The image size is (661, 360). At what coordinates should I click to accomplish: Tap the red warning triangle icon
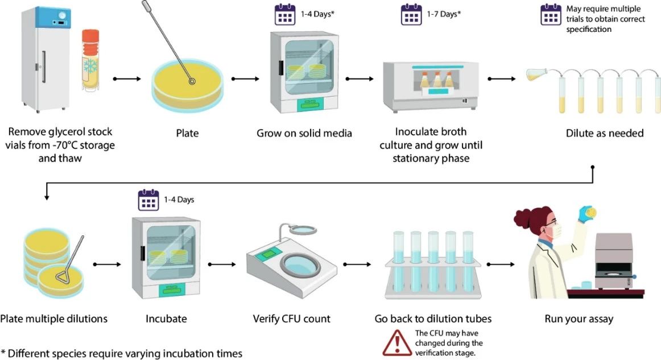(x=398, y=342)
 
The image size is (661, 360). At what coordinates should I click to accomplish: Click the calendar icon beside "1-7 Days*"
(x=411, y=15)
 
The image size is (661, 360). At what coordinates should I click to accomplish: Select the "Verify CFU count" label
(x=291, y=318)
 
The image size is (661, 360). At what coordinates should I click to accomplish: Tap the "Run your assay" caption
(x=579, y=318)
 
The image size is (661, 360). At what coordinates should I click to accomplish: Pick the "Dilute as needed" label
(x=605, y=133)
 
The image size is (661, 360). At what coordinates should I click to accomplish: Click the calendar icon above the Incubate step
(x=148, y=200)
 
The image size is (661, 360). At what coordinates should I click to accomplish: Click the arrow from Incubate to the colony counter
(x=223, y=264)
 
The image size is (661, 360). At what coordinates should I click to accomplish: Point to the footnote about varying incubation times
(x=121, y=353)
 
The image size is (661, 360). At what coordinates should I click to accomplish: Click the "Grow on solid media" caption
(x=304, y=133)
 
